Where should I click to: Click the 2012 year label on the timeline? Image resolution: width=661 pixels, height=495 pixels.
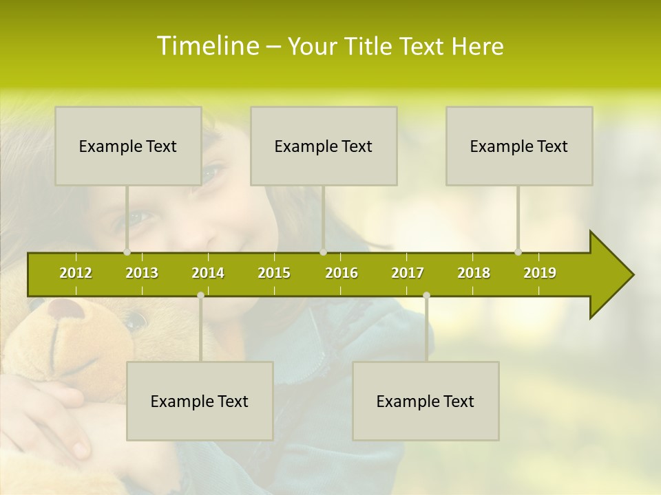[76, 273]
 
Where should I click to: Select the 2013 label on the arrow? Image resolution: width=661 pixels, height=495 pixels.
[142, 273]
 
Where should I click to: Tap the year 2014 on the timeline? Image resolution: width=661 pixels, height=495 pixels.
[208, 273]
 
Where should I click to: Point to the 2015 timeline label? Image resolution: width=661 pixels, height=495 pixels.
[274, 273]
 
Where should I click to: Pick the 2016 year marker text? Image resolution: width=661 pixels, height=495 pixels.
[342, 273]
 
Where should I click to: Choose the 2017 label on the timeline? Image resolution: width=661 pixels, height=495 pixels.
[408, 273]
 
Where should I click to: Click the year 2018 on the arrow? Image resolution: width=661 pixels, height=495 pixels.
[474, 273]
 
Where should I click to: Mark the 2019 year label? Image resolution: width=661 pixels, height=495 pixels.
[540, 273]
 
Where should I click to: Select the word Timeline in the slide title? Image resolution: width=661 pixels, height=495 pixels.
[207, 46]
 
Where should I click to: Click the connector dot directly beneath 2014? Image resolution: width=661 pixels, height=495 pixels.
[200, 295]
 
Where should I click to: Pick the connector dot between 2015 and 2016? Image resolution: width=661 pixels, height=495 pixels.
[323, 252]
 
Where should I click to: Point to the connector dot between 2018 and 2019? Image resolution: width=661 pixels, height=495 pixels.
[518, 252]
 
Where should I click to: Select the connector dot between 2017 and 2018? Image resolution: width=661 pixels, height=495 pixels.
[426, 295]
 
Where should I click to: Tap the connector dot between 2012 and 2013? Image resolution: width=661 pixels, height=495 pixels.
[127, 252]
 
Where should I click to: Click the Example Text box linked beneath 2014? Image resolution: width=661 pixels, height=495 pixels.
[200, 401]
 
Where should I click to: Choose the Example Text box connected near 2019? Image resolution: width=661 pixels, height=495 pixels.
[519, 146]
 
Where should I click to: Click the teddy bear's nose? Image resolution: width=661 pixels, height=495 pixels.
[67, 309]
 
